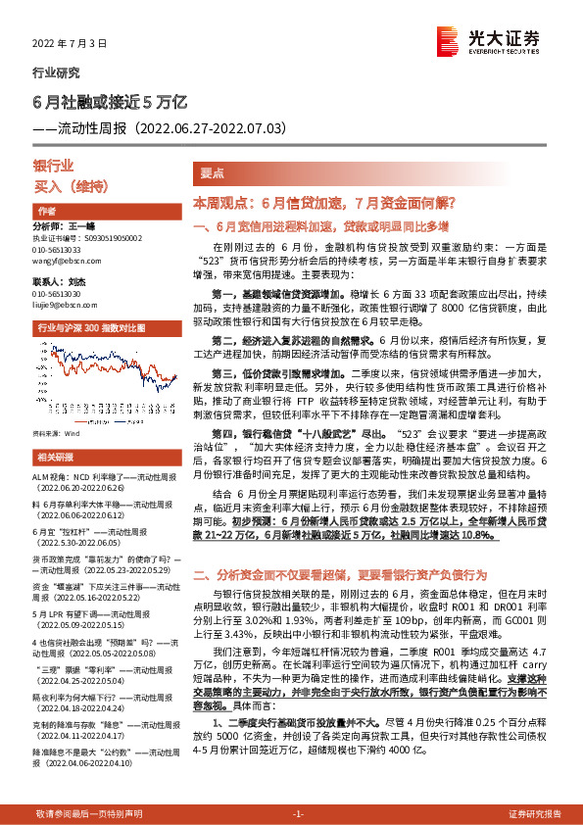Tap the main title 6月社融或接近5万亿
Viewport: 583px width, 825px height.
103,101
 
